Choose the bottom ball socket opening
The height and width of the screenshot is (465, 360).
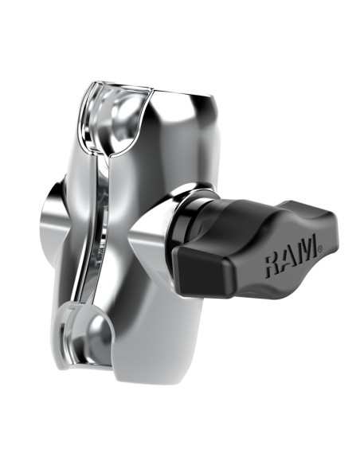tap(96, 334)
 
